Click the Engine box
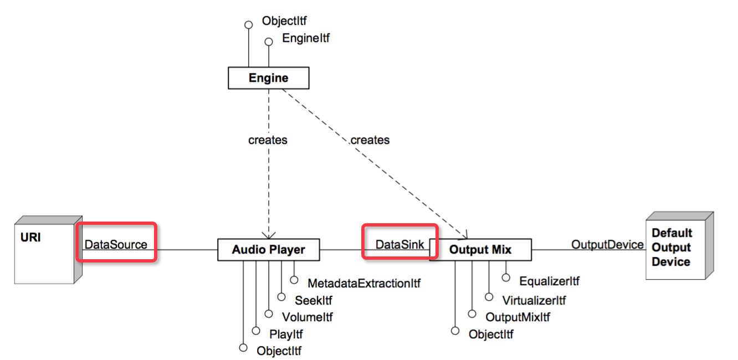tap(268, 78)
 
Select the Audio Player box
tap(268, 250)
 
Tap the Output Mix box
tap(480, 250)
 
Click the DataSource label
tap(116, 244)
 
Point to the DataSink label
tap(400, 244)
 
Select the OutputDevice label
tap(607, 244)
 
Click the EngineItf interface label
tap(306, 38)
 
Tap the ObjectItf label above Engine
tap(284, 22)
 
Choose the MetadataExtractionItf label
tap(364, 284)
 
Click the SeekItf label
tap(314, 301)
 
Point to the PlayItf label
tap(286, 334)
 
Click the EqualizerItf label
tap(549, 281)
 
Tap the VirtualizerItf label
tap(534, 301)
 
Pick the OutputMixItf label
tap(518, 317)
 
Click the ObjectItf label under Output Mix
tap(491, 335)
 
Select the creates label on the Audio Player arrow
tap(268, 140)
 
